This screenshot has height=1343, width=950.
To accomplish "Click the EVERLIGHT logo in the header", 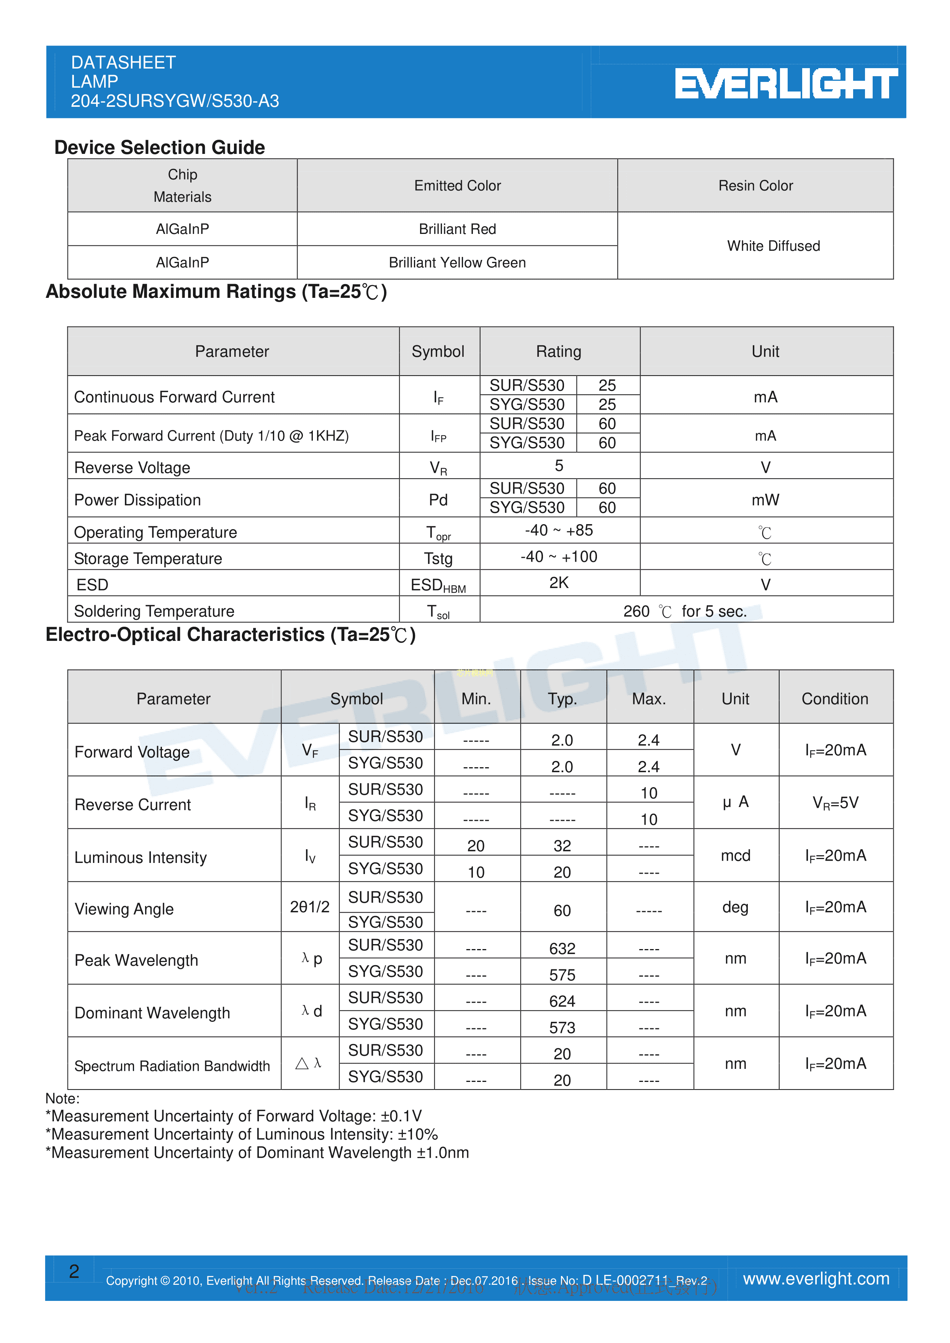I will pyautogui.click(x=786, y=83).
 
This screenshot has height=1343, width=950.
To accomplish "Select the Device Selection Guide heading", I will pyautogui.click(x=159, y=147).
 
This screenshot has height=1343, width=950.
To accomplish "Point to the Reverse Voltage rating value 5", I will pyautogui.click(x=559, y=466).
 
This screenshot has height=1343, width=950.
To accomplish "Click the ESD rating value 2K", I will pyautogui.click(x=559, y=583).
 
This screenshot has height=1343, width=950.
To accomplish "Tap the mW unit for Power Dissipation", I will pyautogui.click(x=765, y=500).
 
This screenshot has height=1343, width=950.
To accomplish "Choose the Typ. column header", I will pyautogui.click(x=562, y=698).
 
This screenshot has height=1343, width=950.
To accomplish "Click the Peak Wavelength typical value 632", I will pyautogui.click(x=562, y=948).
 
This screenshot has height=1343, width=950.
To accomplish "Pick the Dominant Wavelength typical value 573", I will pyautogui.click(x=562, y=1027).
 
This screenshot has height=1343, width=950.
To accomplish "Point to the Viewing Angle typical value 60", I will pyautogui.click(x=562, y=910).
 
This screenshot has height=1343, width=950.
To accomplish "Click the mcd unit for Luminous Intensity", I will pyautogui.click(x=735, y=855).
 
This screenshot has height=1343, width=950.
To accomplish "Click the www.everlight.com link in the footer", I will pyautogui.click(x=816, y=1279).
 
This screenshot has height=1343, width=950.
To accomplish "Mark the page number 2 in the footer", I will pyautogui.click(x=74, y=1271).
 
